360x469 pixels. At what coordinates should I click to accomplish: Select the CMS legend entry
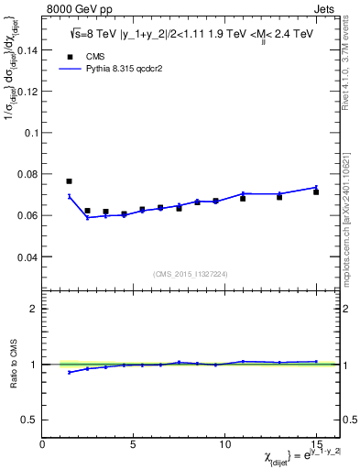coord(84,81)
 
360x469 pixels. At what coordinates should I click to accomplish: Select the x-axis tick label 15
coord(315,443)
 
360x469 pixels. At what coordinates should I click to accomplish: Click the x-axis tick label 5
coord(134,443)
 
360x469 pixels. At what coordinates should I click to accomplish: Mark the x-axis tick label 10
coord(224,443)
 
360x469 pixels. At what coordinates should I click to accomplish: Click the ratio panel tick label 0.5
coord(29,420)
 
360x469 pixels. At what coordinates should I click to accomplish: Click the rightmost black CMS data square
coord(316,192)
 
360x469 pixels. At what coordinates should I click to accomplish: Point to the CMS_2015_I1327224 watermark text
coord(190,273)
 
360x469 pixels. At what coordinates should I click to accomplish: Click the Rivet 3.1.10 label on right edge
coord(353,55)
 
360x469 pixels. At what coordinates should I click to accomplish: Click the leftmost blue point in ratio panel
coord(70,372)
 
